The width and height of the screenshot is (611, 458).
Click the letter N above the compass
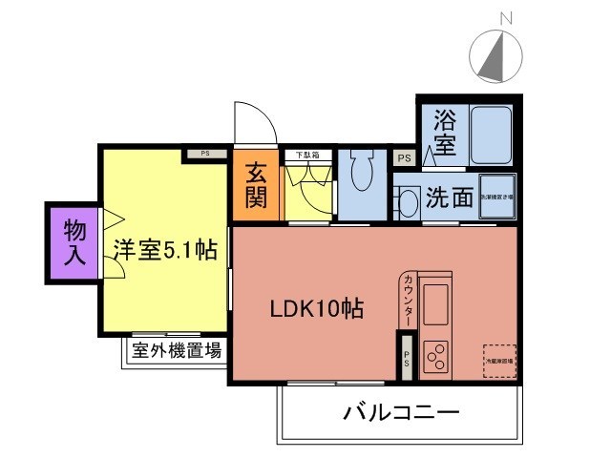(507, 17)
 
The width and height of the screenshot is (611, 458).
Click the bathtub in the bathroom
(492, 135)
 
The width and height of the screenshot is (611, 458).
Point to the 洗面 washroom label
(450, 198)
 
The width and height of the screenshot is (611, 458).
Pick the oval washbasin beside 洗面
(407, 200)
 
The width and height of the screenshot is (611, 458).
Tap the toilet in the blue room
(362, 176)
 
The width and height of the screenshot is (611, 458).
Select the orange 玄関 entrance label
(256, 187)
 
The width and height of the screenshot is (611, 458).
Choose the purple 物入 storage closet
(74, 242)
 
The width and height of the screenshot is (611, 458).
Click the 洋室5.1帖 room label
(165, 251)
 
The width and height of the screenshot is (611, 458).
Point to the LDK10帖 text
(315, 309)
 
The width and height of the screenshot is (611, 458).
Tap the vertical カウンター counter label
(409, 301)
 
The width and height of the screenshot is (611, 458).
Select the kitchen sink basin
(438, 303)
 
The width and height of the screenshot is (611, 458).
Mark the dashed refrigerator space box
(498, 361)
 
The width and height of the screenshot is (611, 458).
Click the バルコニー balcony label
(401, 413)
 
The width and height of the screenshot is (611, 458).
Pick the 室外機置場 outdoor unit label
(177, 350)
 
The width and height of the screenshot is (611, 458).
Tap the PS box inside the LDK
(406, 359)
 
